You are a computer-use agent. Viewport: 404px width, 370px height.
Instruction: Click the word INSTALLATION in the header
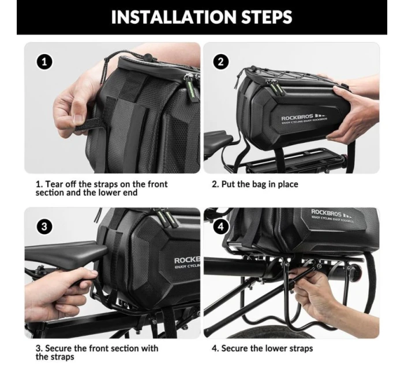[174, 17]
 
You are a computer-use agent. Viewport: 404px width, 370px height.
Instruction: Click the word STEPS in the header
[267, 17]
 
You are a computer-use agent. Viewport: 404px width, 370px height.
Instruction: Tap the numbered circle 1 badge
[44, 62]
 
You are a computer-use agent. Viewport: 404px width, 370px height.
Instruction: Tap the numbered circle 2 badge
[221, 62]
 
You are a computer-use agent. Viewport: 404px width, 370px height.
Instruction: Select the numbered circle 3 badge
[44, 226]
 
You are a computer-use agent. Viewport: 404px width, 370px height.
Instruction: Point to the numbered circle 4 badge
[221, 226]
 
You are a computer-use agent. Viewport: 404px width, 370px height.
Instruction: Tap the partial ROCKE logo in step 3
[188, 262]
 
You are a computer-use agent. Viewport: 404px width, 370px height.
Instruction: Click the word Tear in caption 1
[54, 184]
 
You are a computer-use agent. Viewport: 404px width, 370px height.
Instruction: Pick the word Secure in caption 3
[58, 348]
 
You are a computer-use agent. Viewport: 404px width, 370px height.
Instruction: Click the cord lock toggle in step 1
[147, 56]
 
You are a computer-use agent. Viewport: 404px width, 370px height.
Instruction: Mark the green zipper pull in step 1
[191, 86]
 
